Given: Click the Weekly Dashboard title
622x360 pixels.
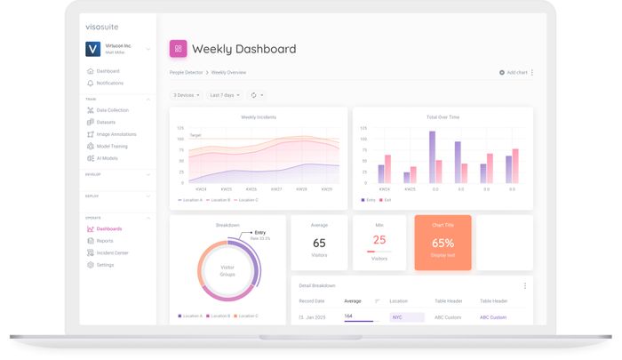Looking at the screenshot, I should (x=243, y=49).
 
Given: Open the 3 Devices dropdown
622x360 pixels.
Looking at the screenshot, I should (x=186, y=94).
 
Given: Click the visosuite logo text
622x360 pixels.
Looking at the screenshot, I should (x=102, y=28).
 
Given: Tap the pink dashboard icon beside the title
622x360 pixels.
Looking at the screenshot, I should (x=178, y=49).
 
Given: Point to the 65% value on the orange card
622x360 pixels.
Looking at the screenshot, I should (x=443, y=243).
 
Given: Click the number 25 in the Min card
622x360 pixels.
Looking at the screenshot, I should (x=379, y=240).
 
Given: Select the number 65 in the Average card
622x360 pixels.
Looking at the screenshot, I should (x=319, y=243).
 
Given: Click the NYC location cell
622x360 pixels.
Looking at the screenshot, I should (x=397, y=317).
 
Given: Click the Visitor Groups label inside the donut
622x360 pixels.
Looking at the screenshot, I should (x=227, y=270).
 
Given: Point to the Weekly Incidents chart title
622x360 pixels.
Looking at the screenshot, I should (x=259, y=116).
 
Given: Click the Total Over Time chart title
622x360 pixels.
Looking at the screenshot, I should (x=443, y=116).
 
